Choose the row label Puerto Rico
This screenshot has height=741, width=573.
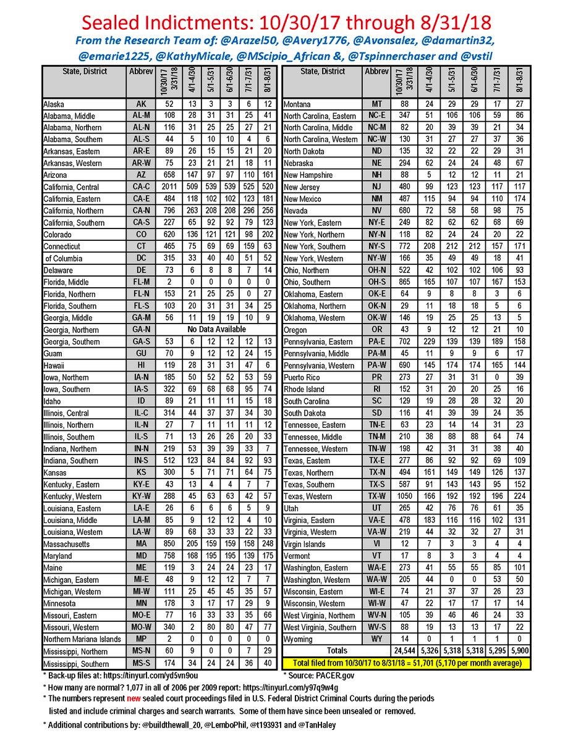(x=302, y=377)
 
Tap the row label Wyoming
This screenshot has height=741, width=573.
(x=299, y=638)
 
